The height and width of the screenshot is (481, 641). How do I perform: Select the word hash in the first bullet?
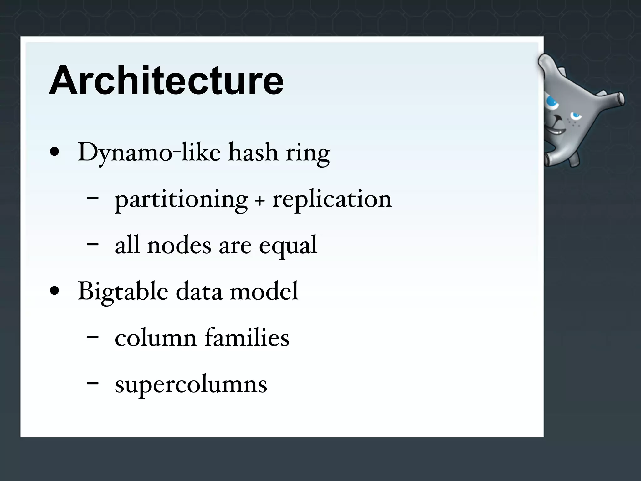pyautogui.click(x=253, y=152)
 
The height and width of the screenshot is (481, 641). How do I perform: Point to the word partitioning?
pyautogui.click(x=181, y=200)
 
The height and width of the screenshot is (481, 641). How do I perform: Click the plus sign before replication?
pyautogui.click(x=259, y=201)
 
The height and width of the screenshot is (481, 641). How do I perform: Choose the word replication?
pyautogui.click(x=332, y=200)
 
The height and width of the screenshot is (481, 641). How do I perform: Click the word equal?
pyautogui.click(x=288, y=246)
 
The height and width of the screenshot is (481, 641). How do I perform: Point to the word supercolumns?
pyautogui.click(x=191, y=385)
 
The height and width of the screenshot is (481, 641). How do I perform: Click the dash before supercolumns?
pyautogui.click(x=93, y=383)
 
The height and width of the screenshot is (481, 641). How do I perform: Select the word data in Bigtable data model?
pyautogui.click(x=199, y=291)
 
